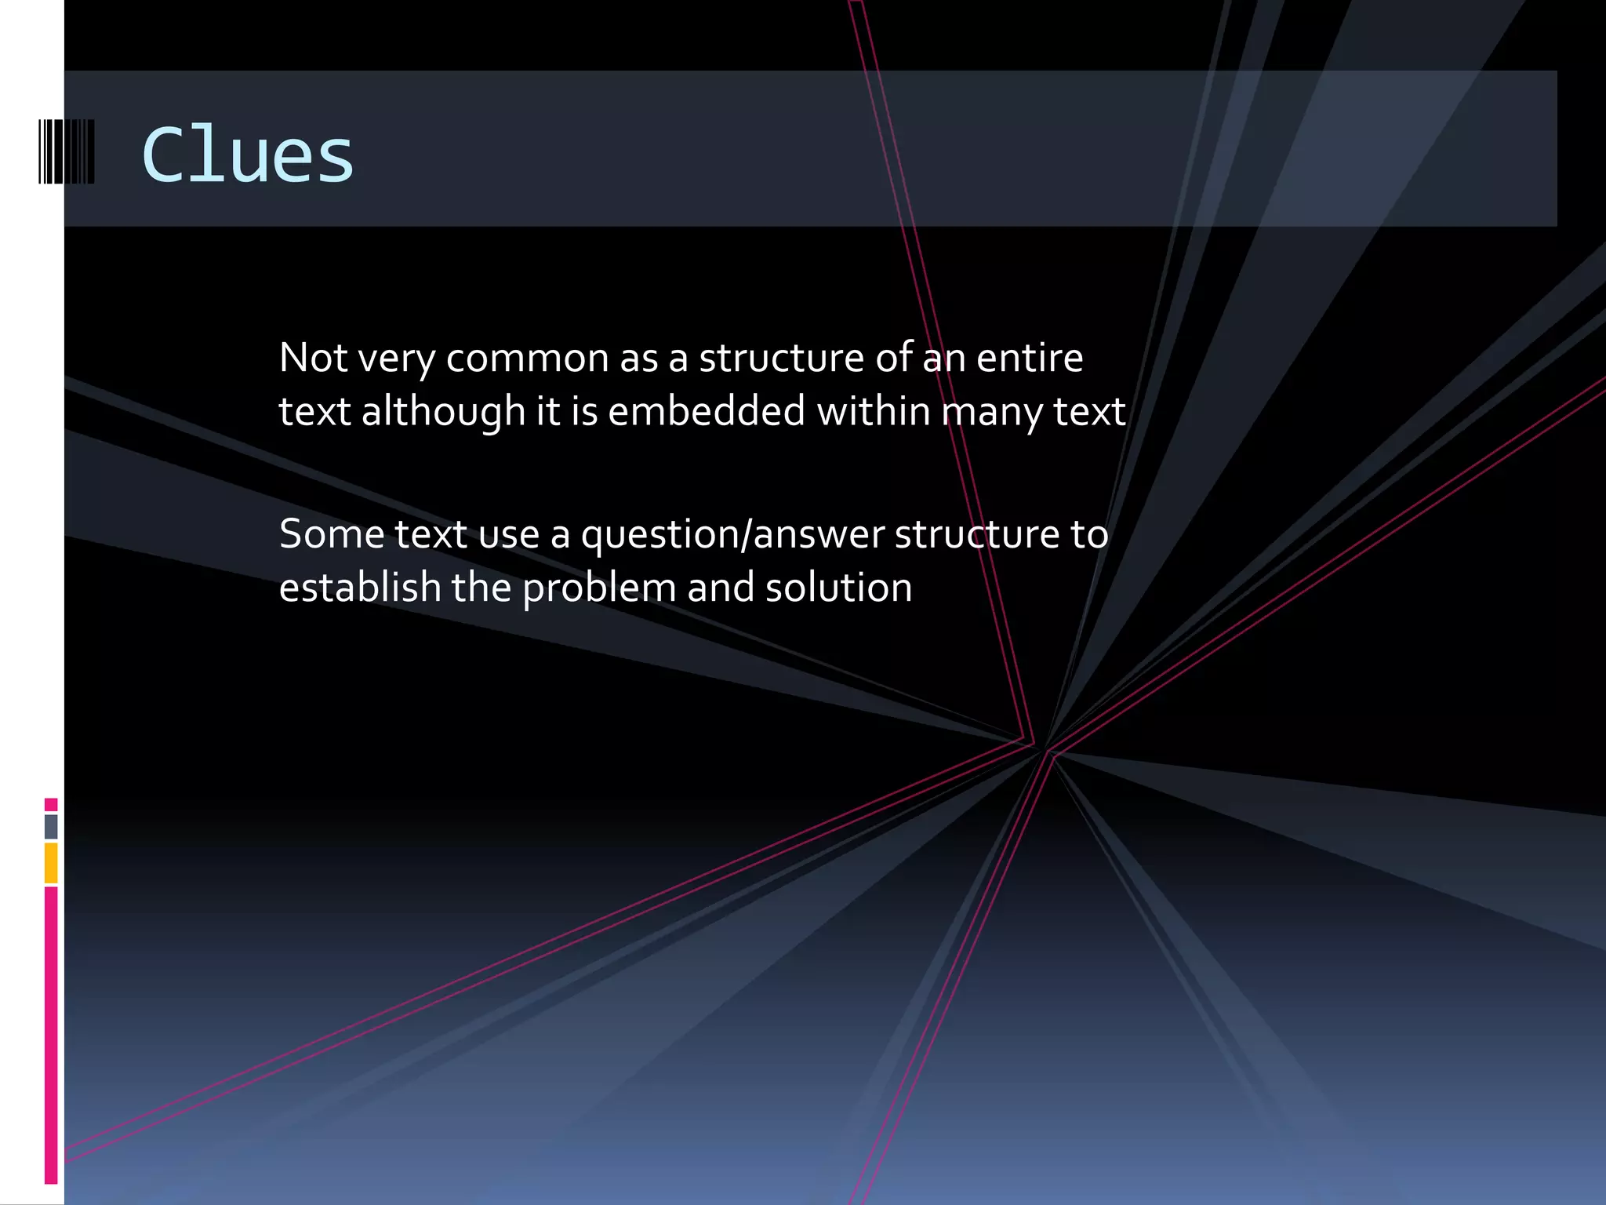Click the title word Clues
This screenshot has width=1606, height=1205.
click(248, 155)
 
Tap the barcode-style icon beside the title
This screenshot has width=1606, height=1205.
click(67, 151)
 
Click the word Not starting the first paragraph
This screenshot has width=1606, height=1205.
click(313, 358)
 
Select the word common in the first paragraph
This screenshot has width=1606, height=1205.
click(527, 358)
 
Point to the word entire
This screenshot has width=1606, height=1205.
click(1029, 358)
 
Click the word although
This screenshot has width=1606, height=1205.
click(443, 411)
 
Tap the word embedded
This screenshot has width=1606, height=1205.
click(706, 411)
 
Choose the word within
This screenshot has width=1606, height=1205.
click(874, 411)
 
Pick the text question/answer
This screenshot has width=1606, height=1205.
click(732, 536)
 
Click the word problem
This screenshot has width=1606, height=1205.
click(599, 589)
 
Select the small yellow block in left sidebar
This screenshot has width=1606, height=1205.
click(51, 862)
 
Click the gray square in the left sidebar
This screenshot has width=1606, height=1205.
click(51, 826)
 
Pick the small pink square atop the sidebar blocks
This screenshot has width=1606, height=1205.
click(51, 804)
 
